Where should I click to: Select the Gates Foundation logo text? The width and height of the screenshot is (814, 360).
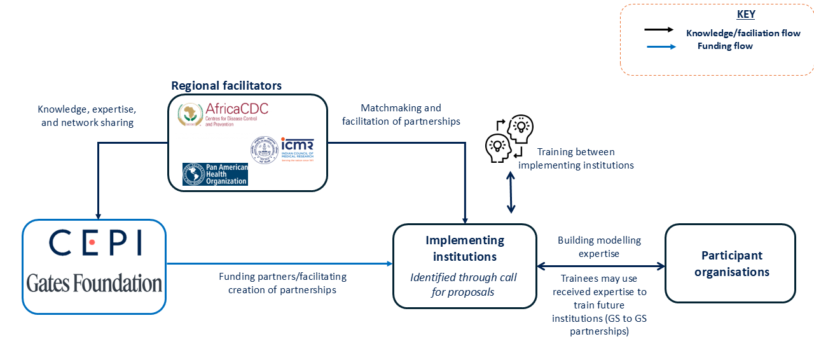(x=94, y=283)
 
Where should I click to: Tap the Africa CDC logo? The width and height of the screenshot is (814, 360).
(x=223, y=114)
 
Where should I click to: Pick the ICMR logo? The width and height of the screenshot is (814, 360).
(x=282, y=150)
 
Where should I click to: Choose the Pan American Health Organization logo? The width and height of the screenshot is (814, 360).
(x=215, y=174)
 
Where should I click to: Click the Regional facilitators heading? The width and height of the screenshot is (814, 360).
(x=226, y=85)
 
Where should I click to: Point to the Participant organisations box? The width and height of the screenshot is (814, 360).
(x=730, y=263)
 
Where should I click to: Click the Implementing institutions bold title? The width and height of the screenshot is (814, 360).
(x=464, y=248)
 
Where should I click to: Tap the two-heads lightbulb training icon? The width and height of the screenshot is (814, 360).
(x=509, y=139)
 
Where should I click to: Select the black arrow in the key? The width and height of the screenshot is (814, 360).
(x=659, y=30)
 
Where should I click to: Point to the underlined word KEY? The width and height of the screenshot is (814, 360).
(x=745, y=15)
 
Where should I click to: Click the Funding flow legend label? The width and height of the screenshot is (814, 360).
(x=725, y=46)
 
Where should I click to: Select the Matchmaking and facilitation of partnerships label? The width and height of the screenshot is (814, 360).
(x=401, y=114)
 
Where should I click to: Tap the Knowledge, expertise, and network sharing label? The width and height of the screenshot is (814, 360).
(x=87, y=116)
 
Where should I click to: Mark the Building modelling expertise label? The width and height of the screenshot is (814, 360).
(x=599, y=247)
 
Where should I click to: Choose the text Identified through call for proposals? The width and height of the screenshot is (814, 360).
(x=463, y=284)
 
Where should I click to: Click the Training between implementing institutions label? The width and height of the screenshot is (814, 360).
(x=576, y=158)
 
